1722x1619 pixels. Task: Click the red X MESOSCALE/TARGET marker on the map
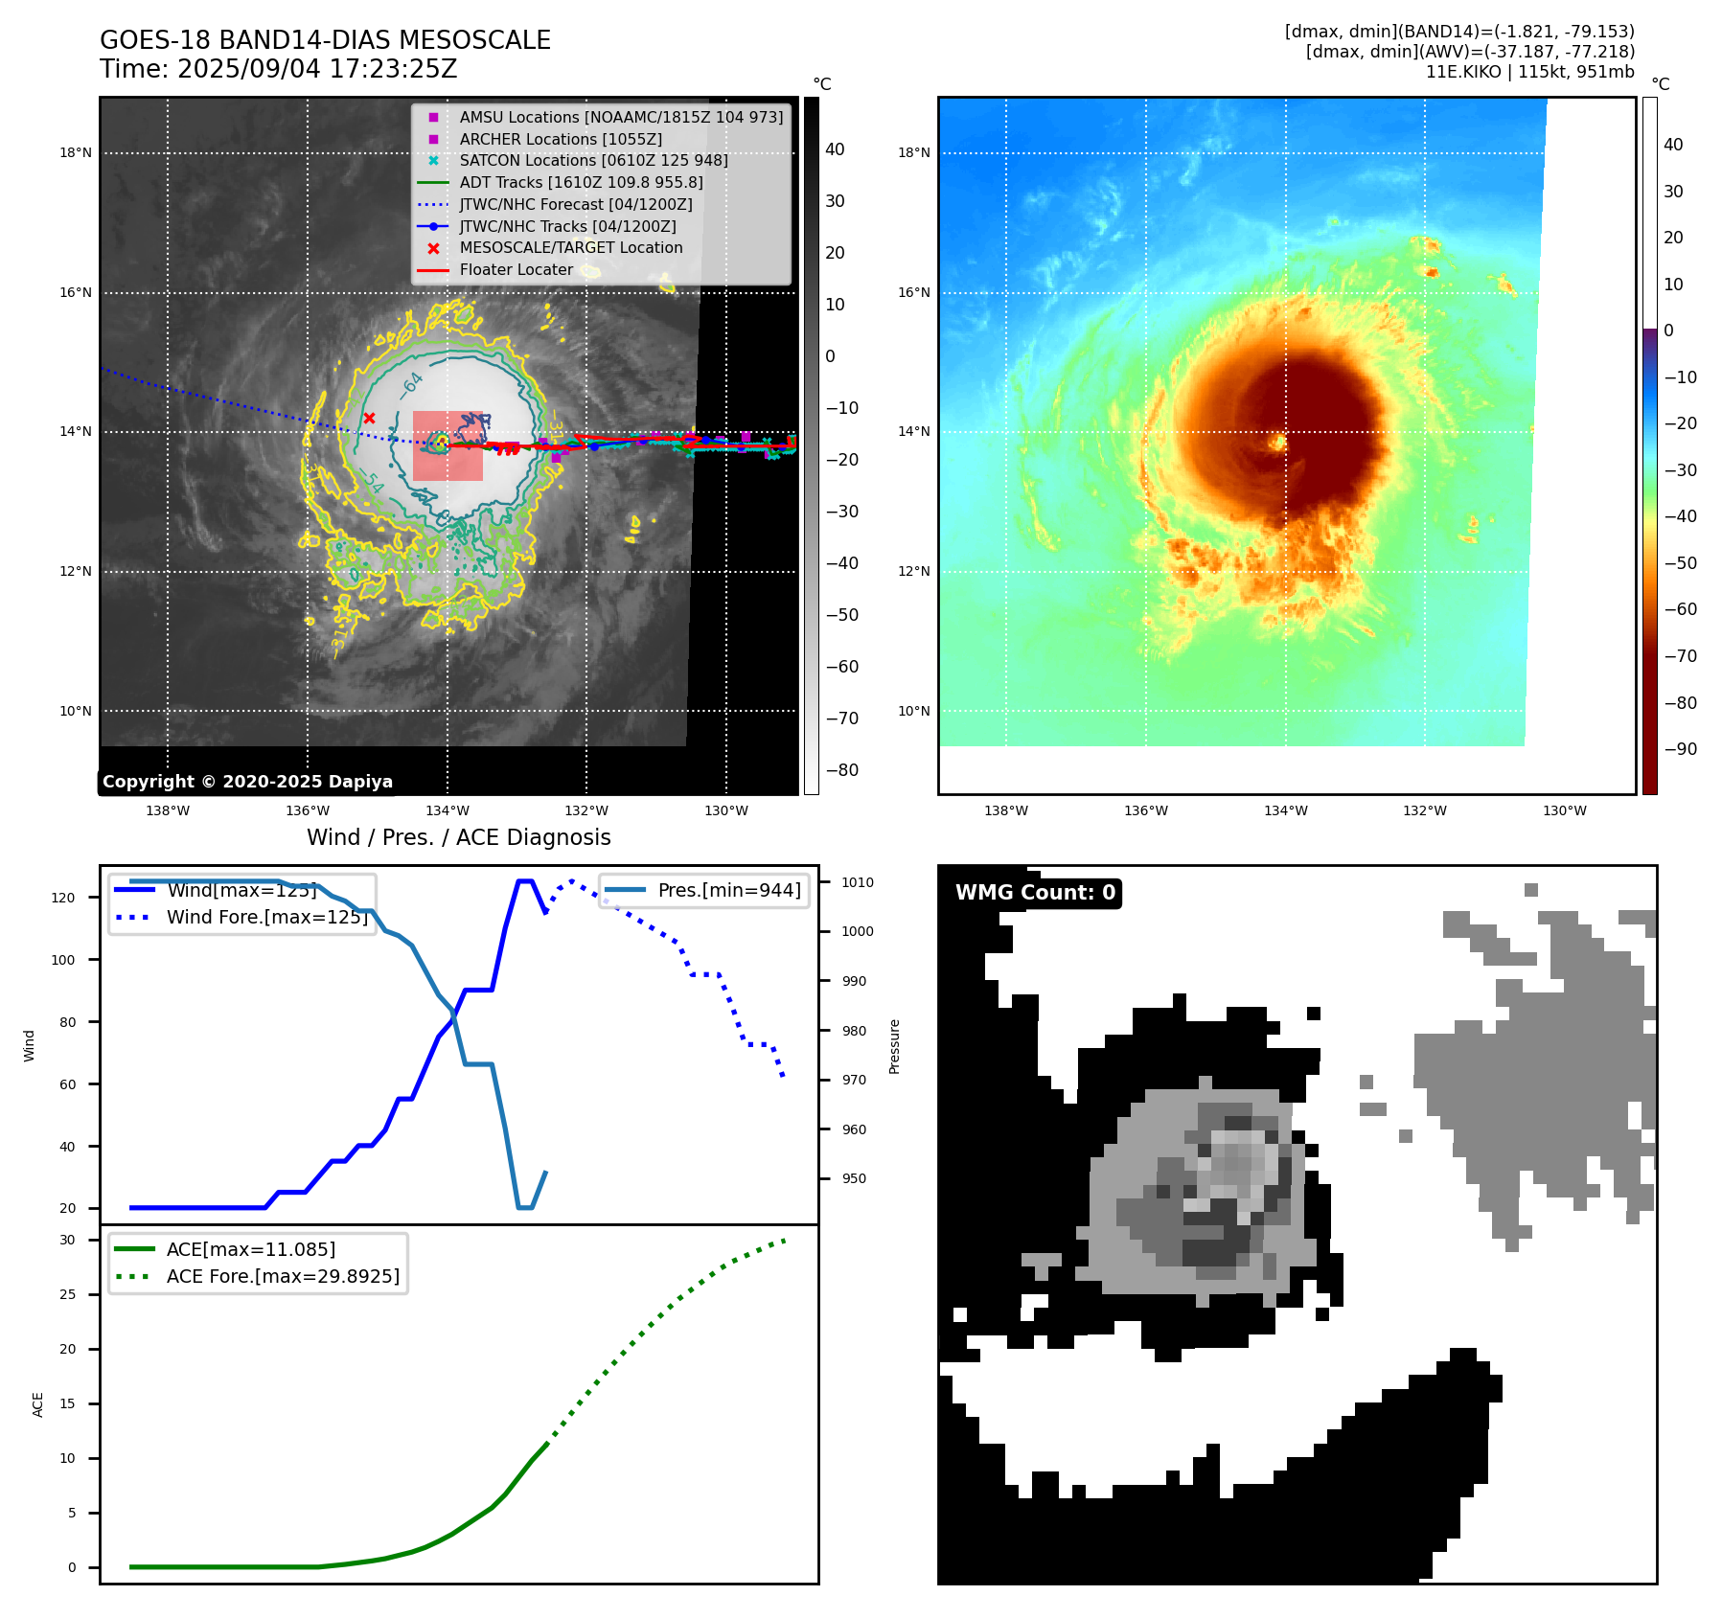[369, 418]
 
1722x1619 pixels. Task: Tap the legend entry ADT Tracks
[581, 182]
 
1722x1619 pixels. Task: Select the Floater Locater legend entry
[516, 269]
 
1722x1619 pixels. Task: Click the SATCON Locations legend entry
[593, 160]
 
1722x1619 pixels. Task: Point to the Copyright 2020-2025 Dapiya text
[247, 782]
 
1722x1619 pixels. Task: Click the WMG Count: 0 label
[1035, 893]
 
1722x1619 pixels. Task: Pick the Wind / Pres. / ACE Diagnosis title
[458, 837]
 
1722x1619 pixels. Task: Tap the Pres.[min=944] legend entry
[728, 890]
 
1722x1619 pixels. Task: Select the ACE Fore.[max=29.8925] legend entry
[282, 1276]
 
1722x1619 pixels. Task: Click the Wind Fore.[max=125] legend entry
[266, 917]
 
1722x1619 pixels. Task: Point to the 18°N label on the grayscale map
[76, 152]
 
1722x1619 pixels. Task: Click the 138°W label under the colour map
[1005, 810]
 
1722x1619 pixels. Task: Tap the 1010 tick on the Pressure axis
[858, 882]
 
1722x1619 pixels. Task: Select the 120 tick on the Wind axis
[63, 898]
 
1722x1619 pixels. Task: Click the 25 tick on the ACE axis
[67, 1294]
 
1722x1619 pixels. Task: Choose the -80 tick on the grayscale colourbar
[842, 770]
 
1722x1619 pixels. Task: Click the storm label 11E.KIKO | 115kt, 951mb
[1529, 72]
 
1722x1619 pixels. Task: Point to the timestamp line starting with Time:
[278, 69]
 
